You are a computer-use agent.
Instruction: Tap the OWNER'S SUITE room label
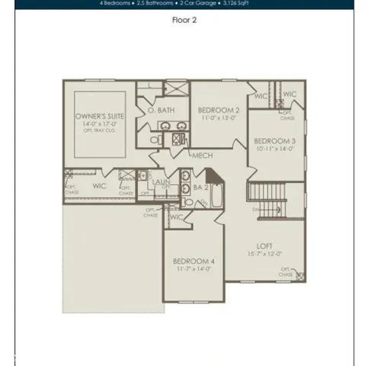pos(100,117)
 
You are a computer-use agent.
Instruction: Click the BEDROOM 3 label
pos(274,141)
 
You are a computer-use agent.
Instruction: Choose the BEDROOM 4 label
pos(193,259)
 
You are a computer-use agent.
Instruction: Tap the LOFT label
pos(264,246)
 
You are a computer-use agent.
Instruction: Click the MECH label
pos(203,156)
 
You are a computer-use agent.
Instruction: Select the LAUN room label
pos(161,182)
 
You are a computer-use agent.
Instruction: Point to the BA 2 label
pos(201,186)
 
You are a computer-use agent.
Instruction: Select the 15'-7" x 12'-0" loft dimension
pos(264,254)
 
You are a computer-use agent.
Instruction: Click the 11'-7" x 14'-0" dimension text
pos(193,268)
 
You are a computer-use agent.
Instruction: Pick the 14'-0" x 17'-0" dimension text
pos(100,124)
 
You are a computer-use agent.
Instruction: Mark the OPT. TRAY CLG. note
pos(100,130)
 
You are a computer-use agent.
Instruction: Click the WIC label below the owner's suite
pos(99,185)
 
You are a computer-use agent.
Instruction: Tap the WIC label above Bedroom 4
pos(176,217)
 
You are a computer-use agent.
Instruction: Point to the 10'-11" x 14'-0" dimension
pos(274,150)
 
